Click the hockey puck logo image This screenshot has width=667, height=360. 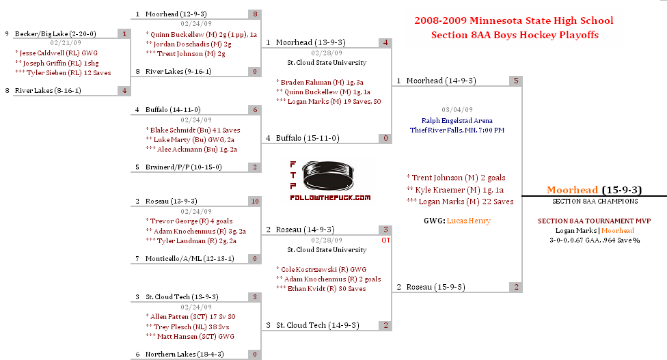[x=327, y=176]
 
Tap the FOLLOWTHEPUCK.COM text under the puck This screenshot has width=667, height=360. [x=330, y=197]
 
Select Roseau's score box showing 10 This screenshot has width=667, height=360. [x=255, y=201]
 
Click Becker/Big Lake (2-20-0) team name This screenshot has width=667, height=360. [x=55, y=33]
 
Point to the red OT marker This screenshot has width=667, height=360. [x=385, y=240]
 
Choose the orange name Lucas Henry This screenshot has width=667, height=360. [x=468, y=221]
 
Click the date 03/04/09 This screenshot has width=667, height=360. [x=457, y=110]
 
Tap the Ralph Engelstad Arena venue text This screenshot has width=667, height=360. [x=457, y=120]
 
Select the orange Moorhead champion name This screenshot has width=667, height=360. [x=572, y=189]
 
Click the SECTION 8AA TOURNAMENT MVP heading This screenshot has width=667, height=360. [x=594, y=221]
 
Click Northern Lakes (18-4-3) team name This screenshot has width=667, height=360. [x=185, y=354]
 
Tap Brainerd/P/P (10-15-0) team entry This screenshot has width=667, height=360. [x=183, y=167]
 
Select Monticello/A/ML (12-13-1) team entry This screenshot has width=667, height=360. [x=189, y=258]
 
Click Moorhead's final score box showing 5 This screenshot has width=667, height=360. [x=515, y=81]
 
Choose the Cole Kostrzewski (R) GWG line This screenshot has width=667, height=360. [x=321, y=269]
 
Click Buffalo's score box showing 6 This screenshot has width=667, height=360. [x=255, y=110]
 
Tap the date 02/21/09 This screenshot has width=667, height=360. [x=66, y=42]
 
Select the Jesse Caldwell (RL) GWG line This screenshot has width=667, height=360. [x=57, y=53]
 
